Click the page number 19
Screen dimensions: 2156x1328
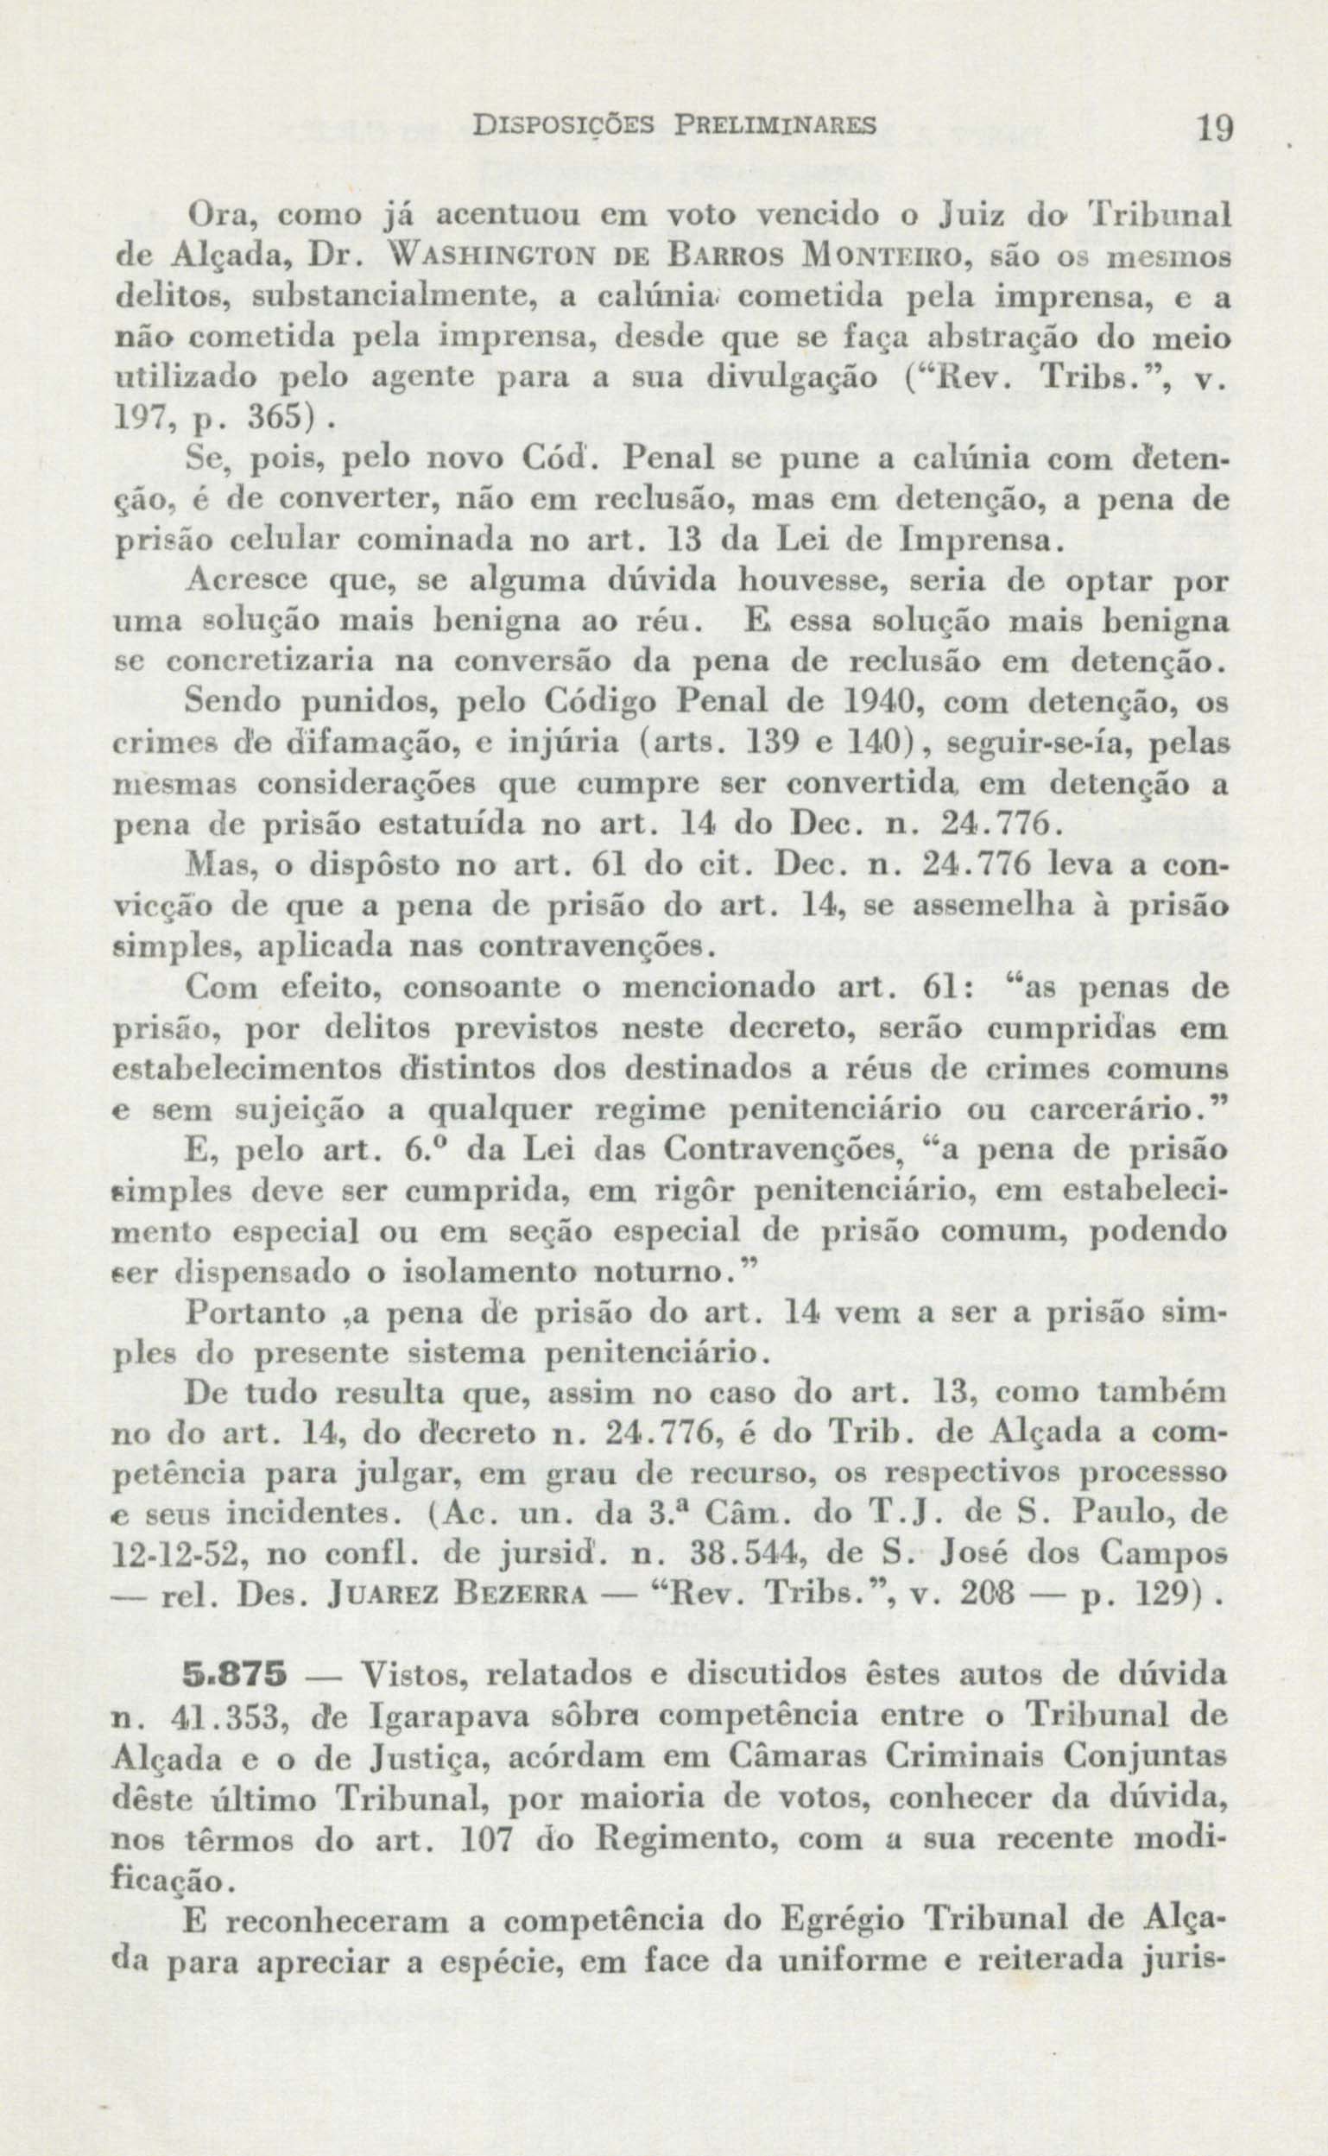point(1217,130)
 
